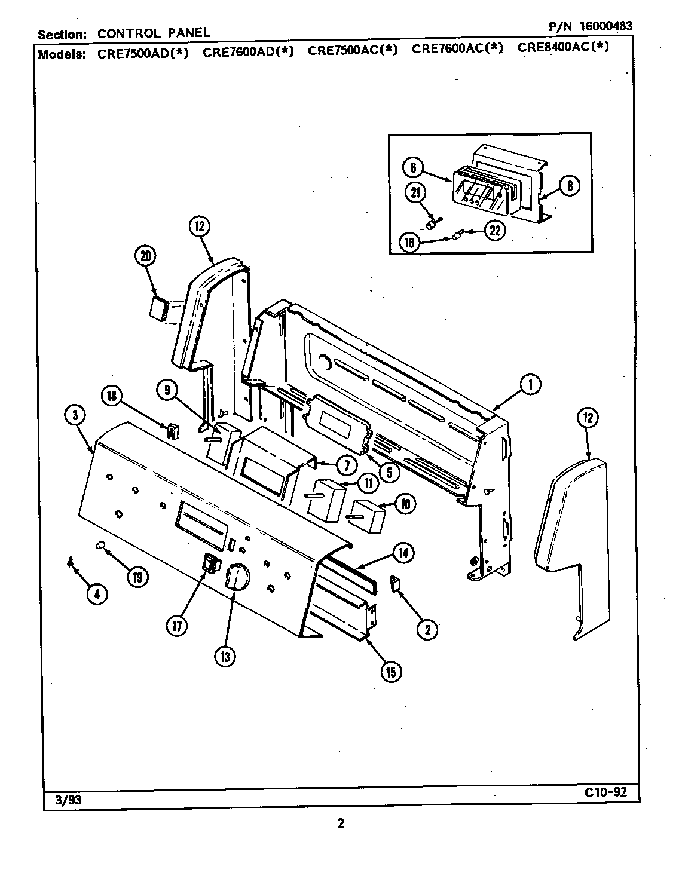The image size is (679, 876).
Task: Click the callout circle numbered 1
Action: pos(530,385)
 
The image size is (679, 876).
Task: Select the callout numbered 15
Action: pos(390,672)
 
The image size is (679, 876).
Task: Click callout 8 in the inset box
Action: pos(569,186)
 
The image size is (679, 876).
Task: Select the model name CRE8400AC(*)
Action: pos(563,48)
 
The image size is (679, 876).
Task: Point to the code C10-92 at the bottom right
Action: pos(605,792)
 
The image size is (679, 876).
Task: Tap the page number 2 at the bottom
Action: pos(340,823)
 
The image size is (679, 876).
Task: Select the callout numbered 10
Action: pos(405,504)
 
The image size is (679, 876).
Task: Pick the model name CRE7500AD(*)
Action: pos(143,53)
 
